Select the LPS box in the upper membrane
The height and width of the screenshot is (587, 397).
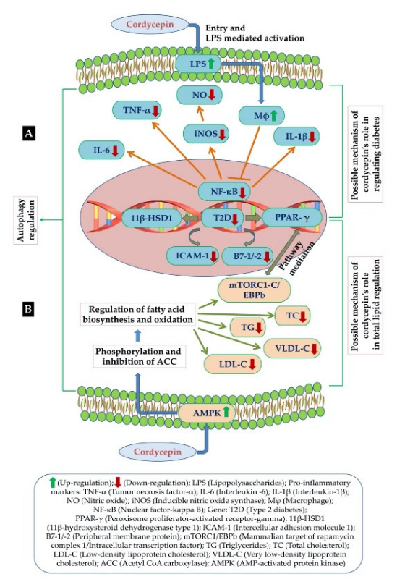pos(200,66)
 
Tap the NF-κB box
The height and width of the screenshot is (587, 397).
pos(225,191)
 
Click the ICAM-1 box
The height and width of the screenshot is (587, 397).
pos(180,256)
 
